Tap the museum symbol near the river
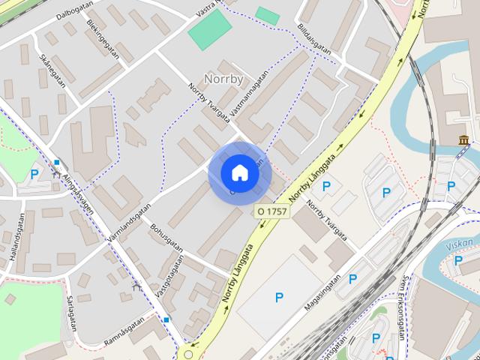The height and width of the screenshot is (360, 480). point(463,139)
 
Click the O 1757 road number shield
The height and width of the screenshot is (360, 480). point(271,212)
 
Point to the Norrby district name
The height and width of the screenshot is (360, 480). point(223,78)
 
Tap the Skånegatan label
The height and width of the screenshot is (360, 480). point(53,70)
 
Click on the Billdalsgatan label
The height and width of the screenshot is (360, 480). point(314,34)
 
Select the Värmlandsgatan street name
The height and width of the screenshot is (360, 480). point(124,225)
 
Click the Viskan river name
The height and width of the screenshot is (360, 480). point(459,245)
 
